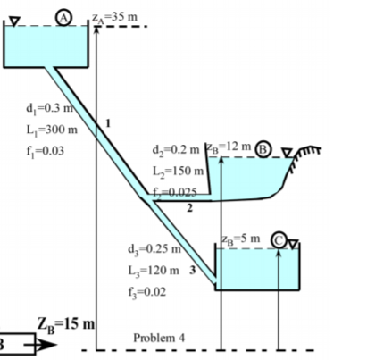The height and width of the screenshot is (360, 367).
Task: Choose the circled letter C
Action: pyautogui.click(x=279, y=239)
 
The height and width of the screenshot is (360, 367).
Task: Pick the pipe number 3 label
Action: pyautogui.click(x=192, y=270)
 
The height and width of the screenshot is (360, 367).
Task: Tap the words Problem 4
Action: pyautogui.click(x=158, y=338)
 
